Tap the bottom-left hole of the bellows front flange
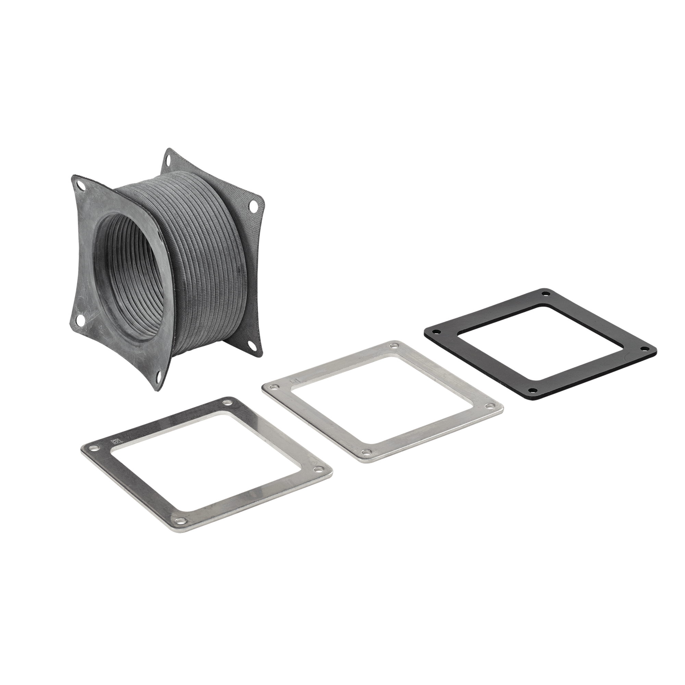pyautogui.click(x=80, y=320)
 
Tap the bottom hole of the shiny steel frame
pyautogui.click(x=181, y=520)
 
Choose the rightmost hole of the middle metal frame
pyautogui.click(x=491, y=406)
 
